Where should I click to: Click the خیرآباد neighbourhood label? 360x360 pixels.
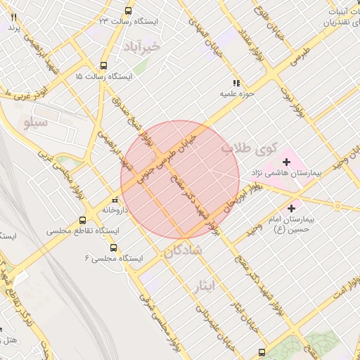pyautogui.click(x=141, y=46)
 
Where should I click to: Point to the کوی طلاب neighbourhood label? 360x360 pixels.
pyautogui.click(x=246, y=149)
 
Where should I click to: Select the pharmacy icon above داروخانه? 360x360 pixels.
pyautogui.click(x=115, y=199)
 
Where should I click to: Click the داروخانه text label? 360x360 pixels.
pyautogui.click(x=115, y=210)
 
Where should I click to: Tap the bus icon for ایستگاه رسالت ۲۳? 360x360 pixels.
pyautogui.click(x=127, y=11)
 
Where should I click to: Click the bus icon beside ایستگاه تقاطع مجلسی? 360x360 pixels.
pyautogui.click(x=83, y=219)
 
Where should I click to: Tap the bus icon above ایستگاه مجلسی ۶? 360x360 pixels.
pyautogui.click(x=113, y=247)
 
